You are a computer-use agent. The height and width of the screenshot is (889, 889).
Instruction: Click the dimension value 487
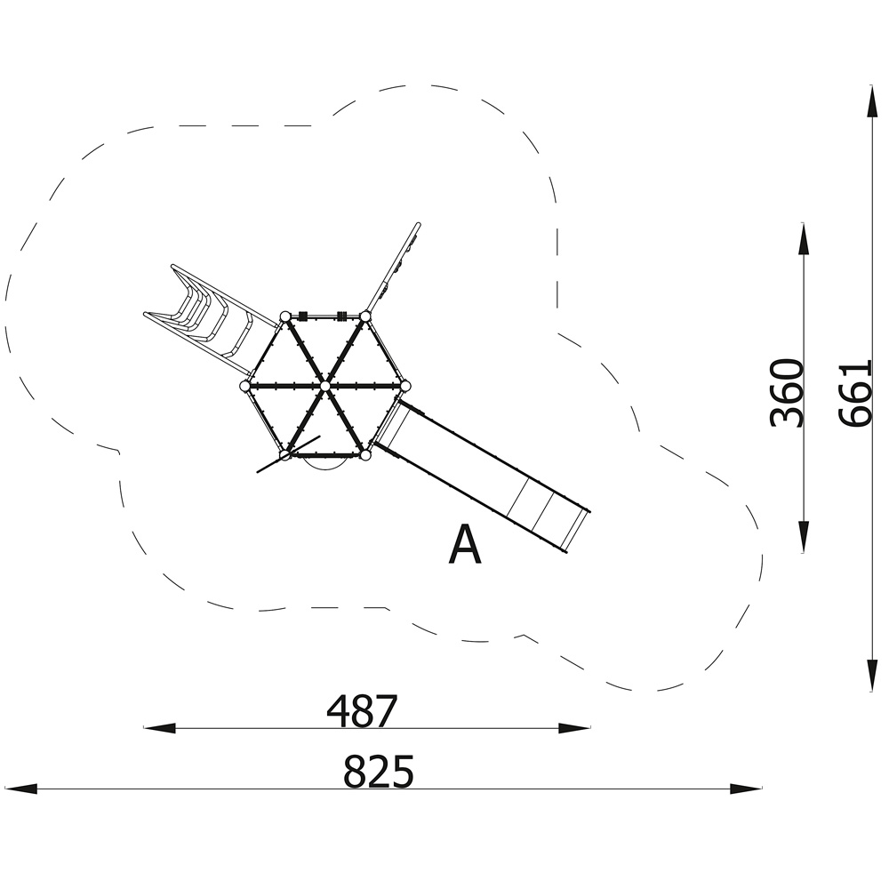(363, 711)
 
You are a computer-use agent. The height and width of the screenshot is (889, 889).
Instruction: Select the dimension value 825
(379, 771)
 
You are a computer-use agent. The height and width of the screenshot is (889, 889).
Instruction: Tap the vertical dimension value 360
(787, 392)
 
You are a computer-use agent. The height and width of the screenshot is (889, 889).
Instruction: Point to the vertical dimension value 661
(853, 393)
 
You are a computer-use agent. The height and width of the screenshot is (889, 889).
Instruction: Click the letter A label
(465, 545)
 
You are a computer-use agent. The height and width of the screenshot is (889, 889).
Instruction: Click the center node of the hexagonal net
(324, 386)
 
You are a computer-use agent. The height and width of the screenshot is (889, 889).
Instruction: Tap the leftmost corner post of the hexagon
(245, 386)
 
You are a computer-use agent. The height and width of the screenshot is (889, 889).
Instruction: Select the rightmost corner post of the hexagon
(405, 386)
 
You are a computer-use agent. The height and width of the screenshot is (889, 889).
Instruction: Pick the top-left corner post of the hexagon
(284, 316)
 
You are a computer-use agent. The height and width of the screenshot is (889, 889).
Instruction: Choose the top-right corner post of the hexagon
(365, 316)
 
